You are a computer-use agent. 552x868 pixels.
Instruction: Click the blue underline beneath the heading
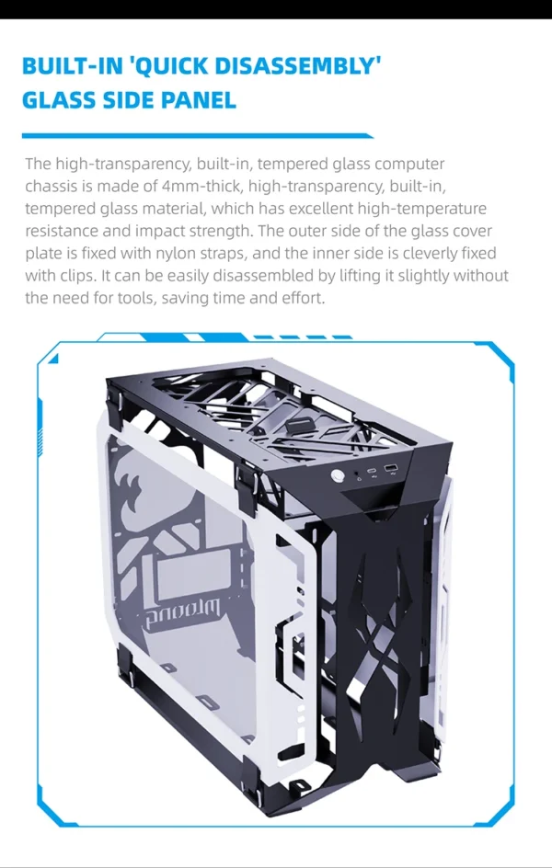tap(198, 136)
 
